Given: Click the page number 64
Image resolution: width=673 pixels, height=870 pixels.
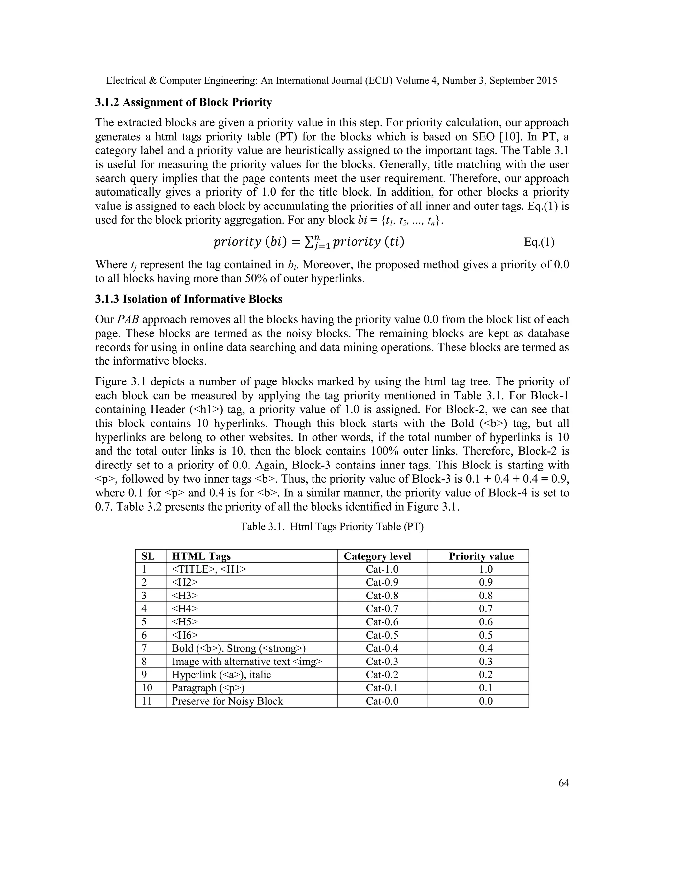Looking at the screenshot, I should (x=563, y=783).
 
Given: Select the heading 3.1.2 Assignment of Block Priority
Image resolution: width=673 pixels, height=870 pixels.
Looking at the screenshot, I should (x=183, y=103).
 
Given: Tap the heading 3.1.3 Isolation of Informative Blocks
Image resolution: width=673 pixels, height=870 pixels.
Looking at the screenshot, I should (x=189, y=299).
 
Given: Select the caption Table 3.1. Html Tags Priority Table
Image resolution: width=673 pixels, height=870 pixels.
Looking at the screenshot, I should (x=332, y=527).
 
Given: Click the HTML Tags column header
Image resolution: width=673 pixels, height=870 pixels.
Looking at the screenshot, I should (x=201, y=556).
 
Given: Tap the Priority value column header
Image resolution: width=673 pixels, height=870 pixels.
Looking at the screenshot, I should (x=481, y=556).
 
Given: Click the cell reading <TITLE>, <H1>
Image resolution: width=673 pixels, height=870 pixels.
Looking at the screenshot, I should (x=209, y=569).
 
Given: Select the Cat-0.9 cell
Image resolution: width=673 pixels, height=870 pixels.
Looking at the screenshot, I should (x=382, y=582).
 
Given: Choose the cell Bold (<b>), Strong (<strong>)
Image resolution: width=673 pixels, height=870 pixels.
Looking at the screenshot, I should (x=239, y=648).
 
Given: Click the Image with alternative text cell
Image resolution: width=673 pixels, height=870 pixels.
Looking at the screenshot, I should (x=247, y=661).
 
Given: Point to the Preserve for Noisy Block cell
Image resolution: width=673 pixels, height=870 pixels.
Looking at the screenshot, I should (x=227, y=701).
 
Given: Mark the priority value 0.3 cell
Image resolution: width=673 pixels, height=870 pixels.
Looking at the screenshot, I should (x=486, y=661).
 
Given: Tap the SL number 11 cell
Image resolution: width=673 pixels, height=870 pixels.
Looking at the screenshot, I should (x=147, y=701).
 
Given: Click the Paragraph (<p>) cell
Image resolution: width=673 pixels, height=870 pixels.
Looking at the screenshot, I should (x=208, y=687).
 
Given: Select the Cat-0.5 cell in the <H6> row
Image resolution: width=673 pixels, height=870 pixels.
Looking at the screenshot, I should (x=382, y=635).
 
